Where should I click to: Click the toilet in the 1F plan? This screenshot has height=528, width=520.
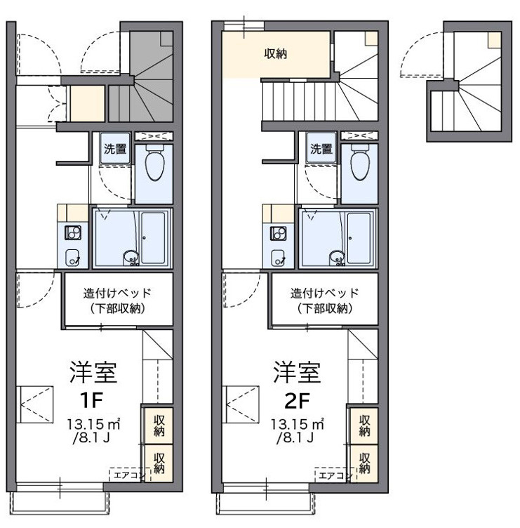click(x=155, y=162)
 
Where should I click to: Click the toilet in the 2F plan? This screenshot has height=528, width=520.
click(x=360, y=162)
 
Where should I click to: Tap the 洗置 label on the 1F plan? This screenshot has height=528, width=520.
click(x=115, y=149)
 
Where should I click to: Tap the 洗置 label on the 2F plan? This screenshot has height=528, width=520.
click(x=321, y=149)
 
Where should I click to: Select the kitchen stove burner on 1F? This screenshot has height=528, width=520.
click(x=73, y=232)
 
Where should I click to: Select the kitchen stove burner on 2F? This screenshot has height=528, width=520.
click(x=279, y=232)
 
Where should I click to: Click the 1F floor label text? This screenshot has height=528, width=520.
click(x=91, y=400)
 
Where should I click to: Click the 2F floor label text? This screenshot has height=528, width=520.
click(x=297, y=400)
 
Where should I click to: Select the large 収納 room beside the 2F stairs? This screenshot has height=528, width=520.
click(x=275, y=54)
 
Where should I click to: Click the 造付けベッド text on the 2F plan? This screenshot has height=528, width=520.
click(x=324, y=293)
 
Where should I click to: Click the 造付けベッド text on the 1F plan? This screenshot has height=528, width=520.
click(x=117, y=293)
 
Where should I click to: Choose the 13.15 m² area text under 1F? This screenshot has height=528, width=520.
click(x=93, y=423)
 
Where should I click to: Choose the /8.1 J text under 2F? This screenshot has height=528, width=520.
click(x=295, y=437)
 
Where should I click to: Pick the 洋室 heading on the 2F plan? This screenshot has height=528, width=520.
click(x=297, y=372)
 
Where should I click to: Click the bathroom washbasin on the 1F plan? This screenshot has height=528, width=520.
click(x=131, y=258)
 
